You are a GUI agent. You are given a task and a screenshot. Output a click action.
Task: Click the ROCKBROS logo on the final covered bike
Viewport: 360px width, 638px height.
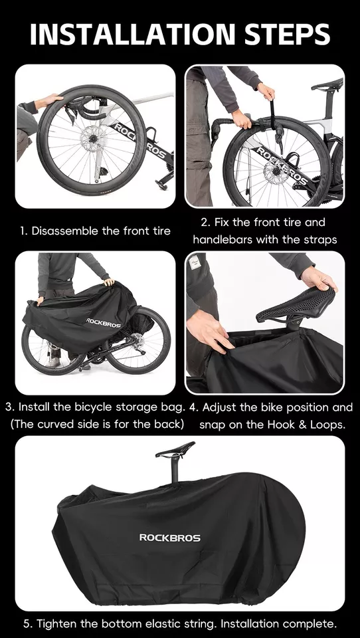click(x=169, y=537)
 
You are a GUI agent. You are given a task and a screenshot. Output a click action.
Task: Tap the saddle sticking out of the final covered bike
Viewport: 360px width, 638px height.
click(x=175, y=450)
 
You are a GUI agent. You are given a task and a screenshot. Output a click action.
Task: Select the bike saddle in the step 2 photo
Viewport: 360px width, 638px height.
click(x=327, y=85)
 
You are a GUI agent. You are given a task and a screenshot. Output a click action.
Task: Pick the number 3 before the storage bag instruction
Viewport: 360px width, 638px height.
click(x=8, y=407)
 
